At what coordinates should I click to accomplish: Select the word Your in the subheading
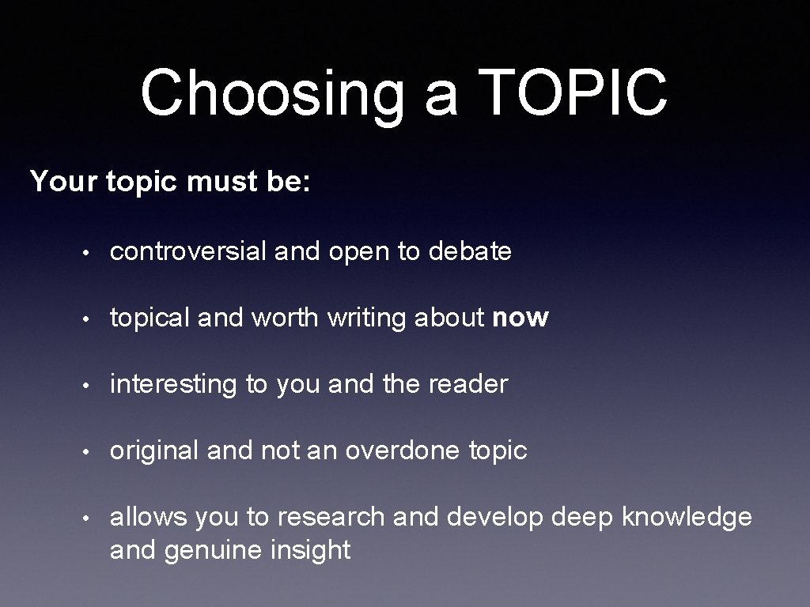tap(64, 182)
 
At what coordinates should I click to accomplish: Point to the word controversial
tap(188, 251)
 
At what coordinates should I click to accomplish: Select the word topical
tap(150, 319)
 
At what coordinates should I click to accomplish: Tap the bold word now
tap(520, 319)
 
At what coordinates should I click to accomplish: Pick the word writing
tap(365, 319)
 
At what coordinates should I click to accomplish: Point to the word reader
tap(467, 385)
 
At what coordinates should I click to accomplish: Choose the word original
tap(154, 451)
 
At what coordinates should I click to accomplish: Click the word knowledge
tap(687, 517)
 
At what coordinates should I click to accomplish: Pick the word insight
tap(310, 550)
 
